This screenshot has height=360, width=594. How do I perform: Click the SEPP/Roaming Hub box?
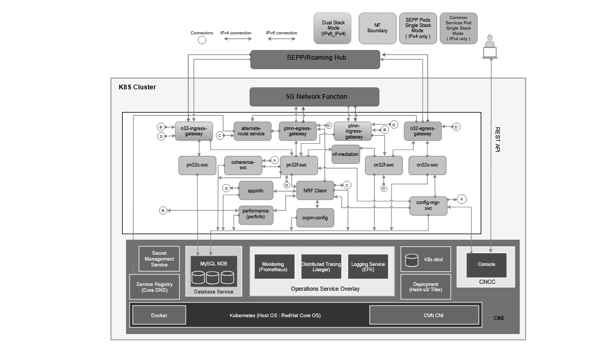click(315, 59)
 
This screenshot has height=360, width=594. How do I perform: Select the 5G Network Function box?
click(314, 97)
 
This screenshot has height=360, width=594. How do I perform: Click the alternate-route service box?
click(252, 131)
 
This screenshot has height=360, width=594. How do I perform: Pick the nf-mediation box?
click(345, 154)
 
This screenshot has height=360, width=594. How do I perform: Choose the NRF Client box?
click(315, 190)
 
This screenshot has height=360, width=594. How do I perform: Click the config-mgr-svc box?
click(428, 205)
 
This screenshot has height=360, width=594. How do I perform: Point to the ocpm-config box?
click(315, 218)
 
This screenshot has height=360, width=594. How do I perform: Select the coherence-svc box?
click(243, 165)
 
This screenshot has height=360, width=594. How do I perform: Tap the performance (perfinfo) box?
click(255, 215)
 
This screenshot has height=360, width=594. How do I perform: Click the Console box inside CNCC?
click(486, 264)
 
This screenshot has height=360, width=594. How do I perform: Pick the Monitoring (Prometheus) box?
click(273, 266)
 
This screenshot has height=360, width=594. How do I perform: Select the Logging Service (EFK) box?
click(368, 266)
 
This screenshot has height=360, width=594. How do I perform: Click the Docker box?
click(159, 315)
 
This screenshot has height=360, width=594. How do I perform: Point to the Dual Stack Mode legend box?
click(333, 29)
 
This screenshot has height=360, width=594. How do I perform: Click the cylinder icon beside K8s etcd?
click(412, 260)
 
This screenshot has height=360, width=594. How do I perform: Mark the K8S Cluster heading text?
click(137, 87)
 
